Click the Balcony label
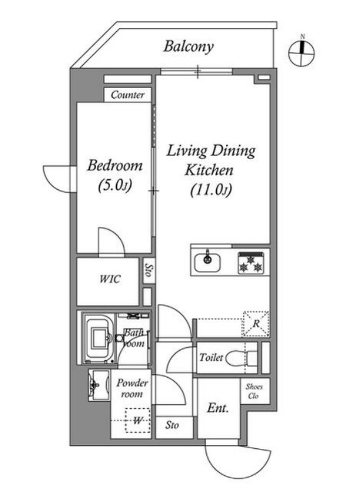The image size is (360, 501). click(x=188, y=47)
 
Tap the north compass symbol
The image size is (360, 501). click(x=301, y=52)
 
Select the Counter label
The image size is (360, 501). click(x=128, y=95)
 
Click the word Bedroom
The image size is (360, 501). click(x=115, y=165)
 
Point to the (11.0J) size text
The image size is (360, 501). click(x=210, y=190)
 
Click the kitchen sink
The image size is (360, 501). click(x=207, y=262)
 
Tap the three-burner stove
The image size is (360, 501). click(x=251, y=263)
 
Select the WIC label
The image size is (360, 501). click(x=109, y=279)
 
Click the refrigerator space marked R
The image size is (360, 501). click(x=256, y=324)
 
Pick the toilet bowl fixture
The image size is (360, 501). click(x=241, y=358)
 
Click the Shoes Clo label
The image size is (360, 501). click(x=254, y=391)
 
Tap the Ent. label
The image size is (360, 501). click(x=218, y=408)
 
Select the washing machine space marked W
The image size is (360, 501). click(x=138, y=420)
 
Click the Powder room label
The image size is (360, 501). click(x=132, y=388)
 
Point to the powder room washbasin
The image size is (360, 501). click(x=99, y=385)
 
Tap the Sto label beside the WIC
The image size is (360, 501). click(x=148, y=270)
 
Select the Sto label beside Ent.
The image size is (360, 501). click(x=172, y=426)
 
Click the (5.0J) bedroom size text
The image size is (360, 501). click(x=115, y=185)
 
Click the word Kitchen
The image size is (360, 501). click(x=209, y=170)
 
